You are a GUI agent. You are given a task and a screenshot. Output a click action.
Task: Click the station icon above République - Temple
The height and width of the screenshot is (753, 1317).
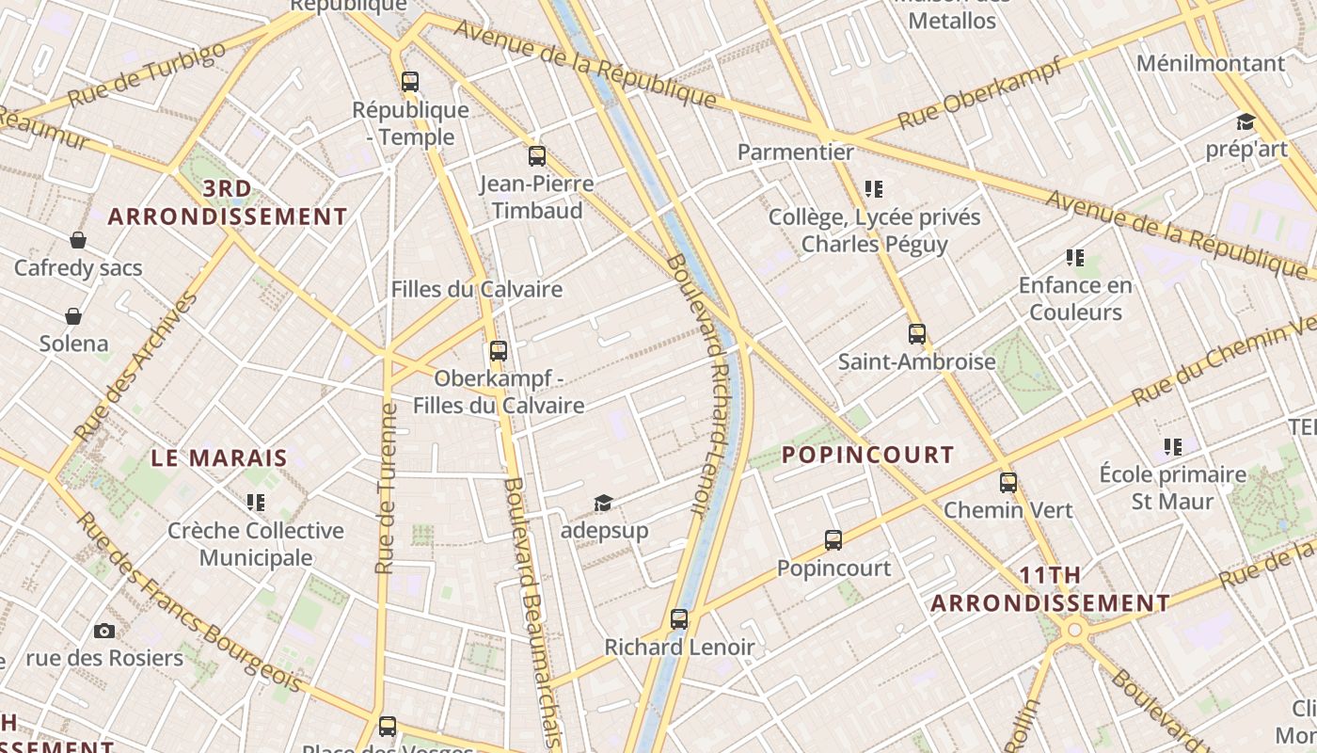[410, 81]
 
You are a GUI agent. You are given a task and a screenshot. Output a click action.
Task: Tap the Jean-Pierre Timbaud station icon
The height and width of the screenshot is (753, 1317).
[537, 156]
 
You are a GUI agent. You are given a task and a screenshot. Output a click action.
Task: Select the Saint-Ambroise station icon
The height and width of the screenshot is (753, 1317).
[917, 334]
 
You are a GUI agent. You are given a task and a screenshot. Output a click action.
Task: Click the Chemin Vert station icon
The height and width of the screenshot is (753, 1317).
[1008, 483]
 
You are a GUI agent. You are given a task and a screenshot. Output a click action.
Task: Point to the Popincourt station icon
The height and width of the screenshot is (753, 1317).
[833, 540]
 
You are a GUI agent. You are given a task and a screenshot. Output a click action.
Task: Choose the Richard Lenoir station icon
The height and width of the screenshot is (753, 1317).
[679, 619]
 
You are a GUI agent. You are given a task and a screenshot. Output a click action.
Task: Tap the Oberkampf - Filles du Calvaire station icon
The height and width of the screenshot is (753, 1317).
[499, 351]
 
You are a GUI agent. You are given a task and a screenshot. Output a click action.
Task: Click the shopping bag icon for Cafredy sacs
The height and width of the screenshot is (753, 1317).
[78, 240]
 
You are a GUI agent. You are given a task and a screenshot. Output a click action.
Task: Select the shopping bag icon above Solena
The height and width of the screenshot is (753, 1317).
[73, 315]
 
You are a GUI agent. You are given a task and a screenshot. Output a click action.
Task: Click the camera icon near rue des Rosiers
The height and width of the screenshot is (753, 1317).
[104, 631]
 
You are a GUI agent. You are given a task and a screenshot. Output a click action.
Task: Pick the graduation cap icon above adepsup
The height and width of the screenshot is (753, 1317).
[603, 504]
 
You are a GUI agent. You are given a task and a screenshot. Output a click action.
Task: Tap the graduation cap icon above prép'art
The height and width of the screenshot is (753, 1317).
[1246, 121]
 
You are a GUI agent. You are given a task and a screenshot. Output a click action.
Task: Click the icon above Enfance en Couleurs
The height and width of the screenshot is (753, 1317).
[1075, 257]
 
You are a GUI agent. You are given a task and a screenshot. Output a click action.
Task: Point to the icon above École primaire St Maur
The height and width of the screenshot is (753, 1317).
[1172, 447]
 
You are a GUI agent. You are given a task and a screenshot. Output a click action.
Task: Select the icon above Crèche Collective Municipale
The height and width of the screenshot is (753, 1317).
[256, 503]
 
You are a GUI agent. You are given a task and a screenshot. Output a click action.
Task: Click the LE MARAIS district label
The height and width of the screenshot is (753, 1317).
[219, 458]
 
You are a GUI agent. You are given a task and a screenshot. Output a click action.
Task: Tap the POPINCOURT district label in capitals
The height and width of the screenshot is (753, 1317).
[868, 455]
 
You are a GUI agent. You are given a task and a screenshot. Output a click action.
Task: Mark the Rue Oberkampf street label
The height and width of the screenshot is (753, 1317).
[979, 94]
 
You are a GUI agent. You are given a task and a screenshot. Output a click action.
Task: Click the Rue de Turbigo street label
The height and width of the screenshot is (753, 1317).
[148, 74]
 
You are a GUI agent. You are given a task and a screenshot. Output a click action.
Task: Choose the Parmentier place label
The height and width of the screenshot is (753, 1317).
[796, 152]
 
